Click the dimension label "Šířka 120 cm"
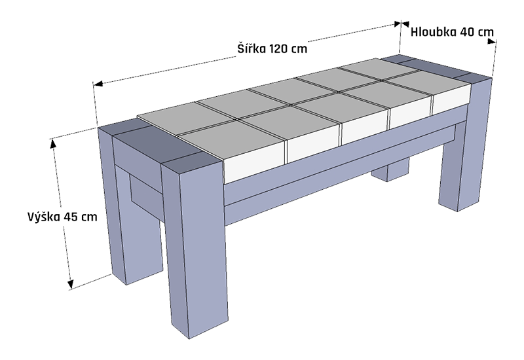272,48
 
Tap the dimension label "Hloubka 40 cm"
452,31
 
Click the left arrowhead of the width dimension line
99,84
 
